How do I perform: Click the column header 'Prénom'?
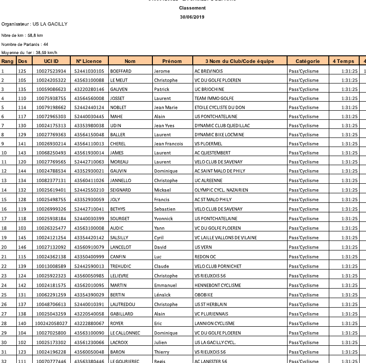pos(172,61)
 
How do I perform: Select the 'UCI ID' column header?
pos(51,61)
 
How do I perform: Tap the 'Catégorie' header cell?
pos(307,61)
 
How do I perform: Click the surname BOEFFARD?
pos(121,71)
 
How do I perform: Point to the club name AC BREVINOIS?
pos(209,71)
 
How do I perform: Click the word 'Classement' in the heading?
pos(192,8)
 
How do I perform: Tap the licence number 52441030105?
pos(89,71)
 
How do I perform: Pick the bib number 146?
pos(22,247)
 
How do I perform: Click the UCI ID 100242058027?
pos(51,324)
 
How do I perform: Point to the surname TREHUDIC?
pos(121,266)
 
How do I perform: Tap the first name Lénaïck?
pos(163,295)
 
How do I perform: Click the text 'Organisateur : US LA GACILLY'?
pos(34,24)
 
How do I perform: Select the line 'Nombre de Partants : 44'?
pos(25,44)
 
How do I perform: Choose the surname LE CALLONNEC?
pos(125,333)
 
